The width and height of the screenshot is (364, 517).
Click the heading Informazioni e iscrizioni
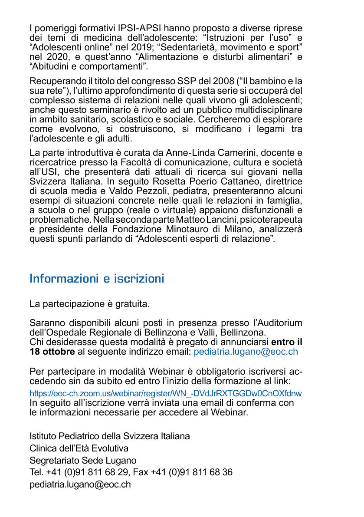click(97, 279)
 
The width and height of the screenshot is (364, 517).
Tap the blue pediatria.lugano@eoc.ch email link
click(246, 352)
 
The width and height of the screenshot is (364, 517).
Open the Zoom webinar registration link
click(166, 393)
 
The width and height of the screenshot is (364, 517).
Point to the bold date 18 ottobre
click(52, 352)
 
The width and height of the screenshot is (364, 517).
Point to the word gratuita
click(132, 303)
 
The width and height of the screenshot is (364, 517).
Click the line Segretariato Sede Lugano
click(83, 460)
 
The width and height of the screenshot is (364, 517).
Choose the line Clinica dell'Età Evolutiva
click(79, 448)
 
